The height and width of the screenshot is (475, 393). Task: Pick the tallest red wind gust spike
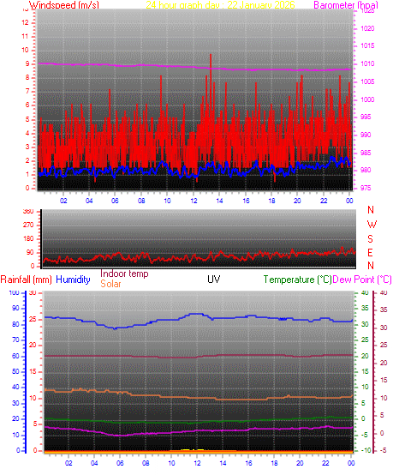click(x=211, y=56)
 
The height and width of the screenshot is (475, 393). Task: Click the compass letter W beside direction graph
click(x=371, y=224)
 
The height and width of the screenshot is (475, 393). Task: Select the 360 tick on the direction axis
click(x=27, y=211)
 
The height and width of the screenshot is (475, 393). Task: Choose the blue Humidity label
click(x=74, y=280)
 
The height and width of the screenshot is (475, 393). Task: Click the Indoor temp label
click(x=124, y=274)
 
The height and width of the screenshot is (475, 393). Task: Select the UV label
click(x=213, y=280)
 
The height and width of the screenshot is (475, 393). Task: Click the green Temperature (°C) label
click(x=296, y=280)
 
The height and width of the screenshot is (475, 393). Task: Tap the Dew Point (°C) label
click(x=361, y=280)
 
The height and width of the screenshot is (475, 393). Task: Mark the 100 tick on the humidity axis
click(x=12, y=293)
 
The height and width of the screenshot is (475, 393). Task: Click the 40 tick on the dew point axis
click(x=384, y=293)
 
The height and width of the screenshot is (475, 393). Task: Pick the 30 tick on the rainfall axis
click(x=33, y=293)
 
